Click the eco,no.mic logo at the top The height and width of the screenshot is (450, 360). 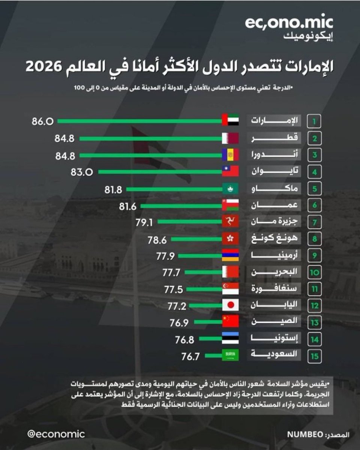coord(289,24)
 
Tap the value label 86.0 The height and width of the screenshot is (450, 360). coord(43,121)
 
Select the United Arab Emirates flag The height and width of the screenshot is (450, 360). coord(231,121)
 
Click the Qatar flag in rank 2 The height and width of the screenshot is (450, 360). coord(231,138)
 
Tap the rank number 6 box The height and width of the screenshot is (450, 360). coord(315,206)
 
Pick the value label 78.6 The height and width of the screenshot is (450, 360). coord(157,239)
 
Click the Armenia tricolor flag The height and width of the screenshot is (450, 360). coord(231,256)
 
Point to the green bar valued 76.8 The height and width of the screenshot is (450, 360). coord(211,339)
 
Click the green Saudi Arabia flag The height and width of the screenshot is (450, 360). coord(231,355)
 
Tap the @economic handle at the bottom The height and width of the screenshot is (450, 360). coord(56,434)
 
